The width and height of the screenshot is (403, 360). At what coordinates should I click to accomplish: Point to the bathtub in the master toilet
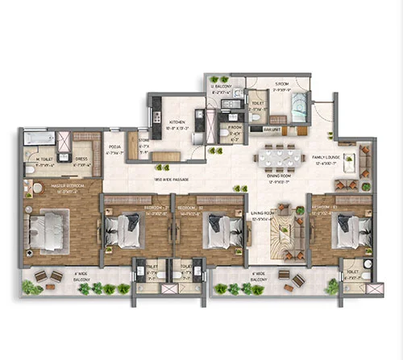click(39, 139)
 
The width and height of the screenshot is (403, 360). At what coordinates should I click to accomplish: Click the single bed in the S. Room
click(297, 104)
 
